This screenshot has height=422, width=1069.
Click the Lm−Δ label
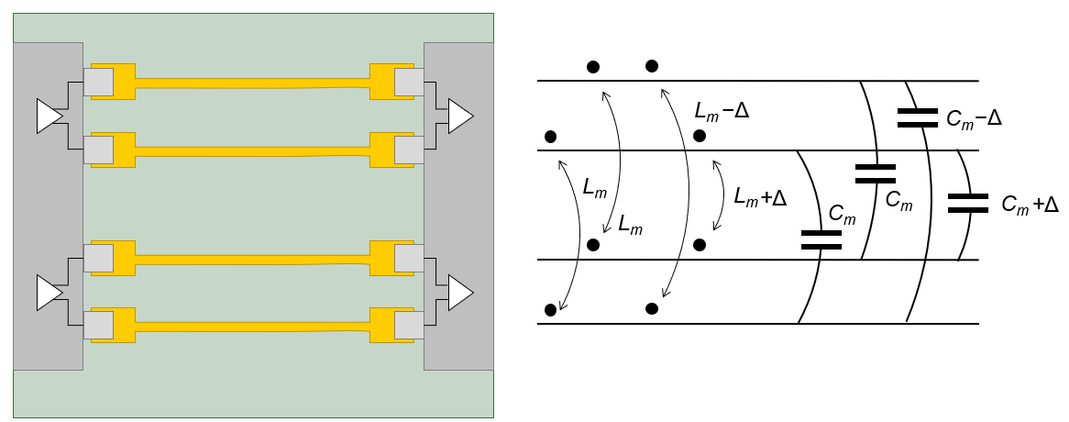click(x=722, y=112)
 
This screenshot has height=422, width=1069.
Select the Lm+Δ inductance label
click(x=761, y=196)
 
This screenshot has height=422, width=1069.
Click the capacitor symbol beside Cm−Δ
click(x=917, y=117)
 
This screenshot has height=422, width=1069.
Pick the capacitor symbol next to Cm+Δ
click(x=968, y=203)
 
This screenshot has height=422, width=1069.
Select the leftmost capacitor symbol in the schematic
click(x=821, y=239)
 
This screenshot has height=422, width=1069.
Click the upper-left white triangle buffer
click(x=49, y=117)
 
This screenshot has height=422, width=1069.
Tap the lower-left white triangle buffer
click(x=49, y=293)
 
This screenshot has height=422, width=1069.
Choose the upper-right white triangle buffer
click(x=459, y=117)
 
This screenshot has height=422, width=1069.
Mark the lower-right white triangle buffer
click(x=459, y=293)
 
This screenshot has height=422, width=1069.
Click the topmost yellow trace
click(x=252, y=83)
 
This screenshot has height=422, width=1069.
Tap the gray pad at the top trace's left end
click(x=98, y=83)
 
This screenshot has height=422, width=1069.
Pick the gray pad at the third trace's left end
click(x=98, y=259)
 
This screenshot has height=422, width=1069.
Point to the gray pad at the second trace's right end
click(x=409, y=149)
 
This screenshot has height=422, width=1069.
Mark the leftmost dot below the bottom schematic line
click(x=550, y=310)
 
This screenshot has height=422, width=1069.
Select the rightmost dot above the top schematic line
click(x=652, y=65)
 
